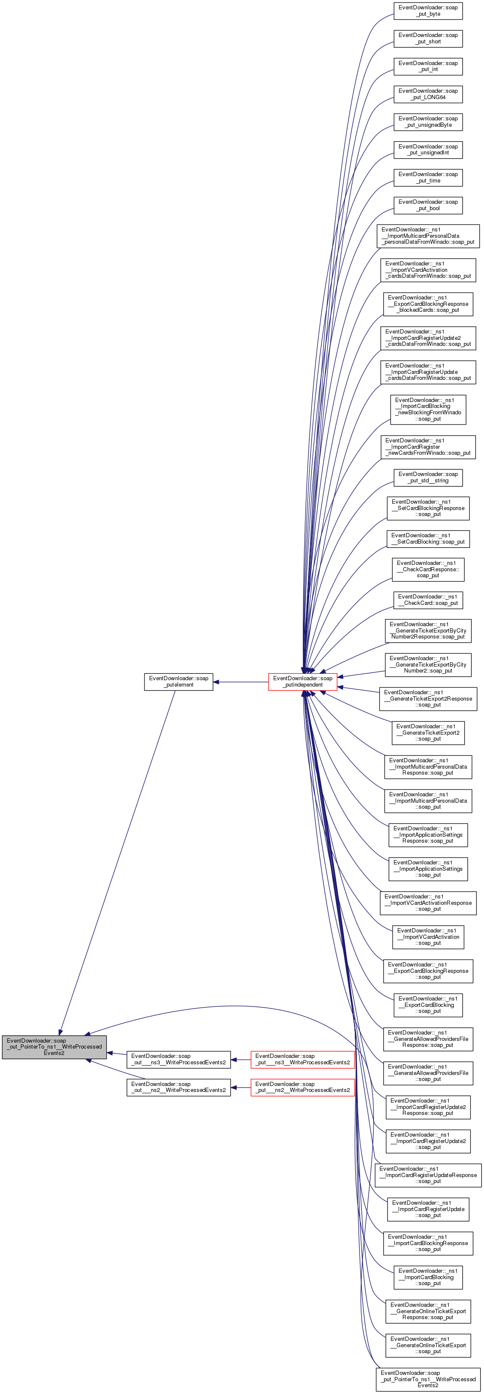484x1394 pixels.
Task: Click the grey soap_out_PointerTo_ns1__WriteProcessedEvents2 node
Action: click(54, 1046)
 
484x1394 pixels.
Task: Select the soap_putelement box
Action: click(178, 681)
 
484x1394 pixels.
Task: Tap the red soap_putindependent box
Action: click(303, 681)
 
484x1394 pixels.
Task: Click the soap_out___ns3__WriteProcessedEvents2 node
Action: click(178, 1059)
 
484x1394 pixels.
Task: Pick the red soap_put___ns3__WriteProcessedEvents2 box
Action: click(302, 1059)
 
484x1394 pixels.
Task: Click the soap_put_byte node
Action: click(428, 11)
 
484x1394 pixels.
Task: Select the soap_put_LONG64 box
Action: click(428, 94)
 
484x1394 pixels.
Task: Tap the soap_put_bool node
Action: click(428, 205)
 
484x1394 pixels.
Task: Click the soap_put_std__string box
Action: click(428, 477)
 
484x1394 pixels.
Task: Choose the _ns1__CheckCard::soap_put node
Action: click(428, 600)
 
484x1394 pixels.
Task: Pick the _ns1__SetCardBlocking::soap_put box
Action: click(428, 539)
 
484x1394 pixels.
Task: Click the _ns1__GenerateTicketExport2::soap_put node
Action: click(428, 733)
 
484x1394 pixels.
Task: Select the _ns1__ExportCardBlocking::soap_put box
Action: click(428, 1005)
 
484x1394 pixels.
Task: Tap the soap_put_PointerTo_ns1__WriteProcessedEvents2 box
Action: click(428, 1379)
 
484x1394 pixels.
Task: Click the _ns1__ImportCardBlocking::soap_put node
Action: click(428, 1277)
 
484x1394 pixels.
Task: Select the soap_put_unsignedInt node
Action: click(428, 149)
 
